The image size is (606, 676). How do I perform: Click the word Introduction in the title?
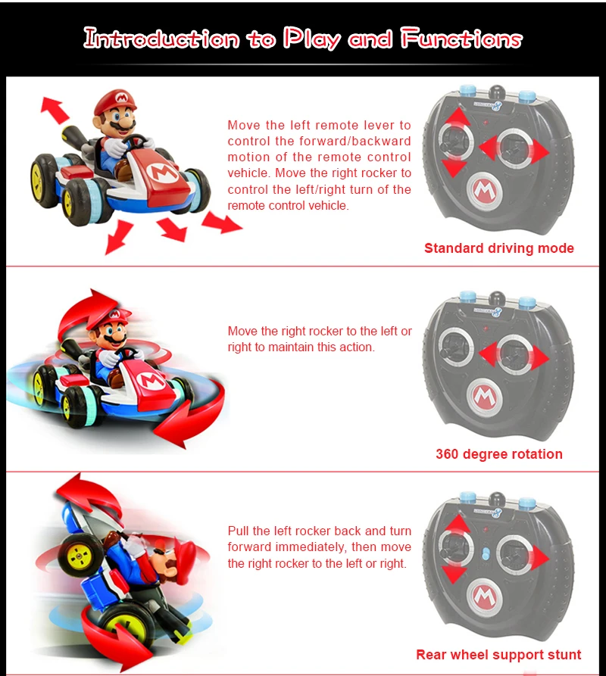161,39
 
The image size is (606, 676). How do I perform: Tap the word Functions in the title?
461,39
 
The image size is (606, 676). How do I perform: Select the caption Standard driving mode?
499,248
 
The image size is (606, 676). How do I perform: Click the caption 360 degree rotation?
499,454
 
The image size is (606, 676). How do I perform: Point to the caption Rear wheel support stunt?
498,655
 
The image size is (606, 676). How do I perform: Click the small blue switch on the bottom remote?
486,554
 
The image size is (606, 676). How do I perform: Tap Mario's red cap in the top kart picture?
116,101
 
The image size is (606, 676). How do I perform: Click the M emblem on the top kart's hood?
162,173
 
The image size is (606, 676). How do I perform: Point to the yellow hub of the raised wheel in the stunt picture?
79,556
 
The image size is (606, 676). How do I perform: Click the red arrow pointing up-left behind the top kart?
55,110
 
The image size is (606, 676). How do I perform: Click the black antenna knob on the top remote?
496,92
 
